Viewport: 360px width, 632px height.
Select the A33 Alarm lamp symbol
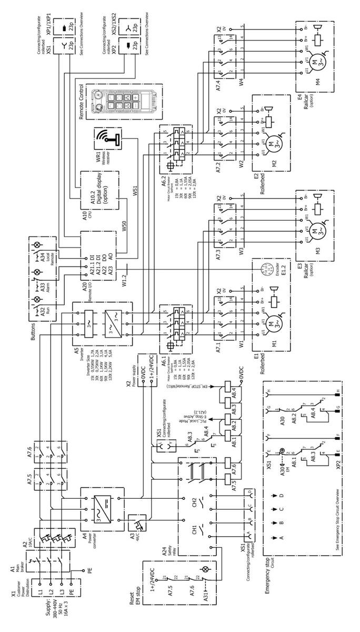pos(36,272)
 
